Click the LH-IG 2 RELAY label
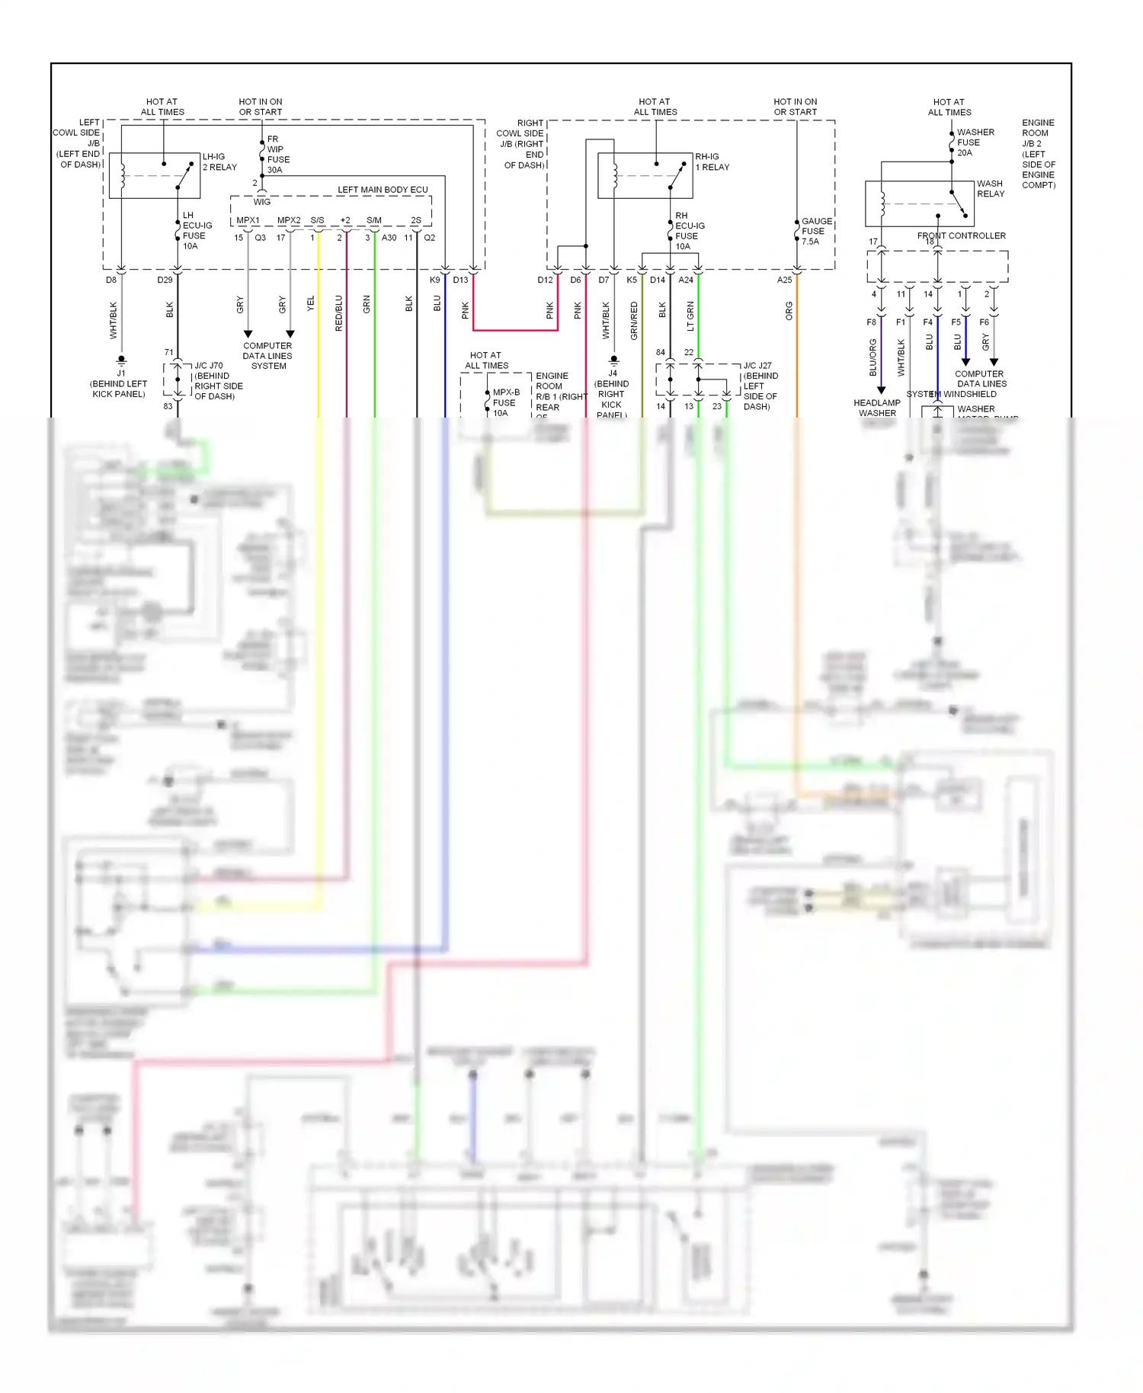point(219,162)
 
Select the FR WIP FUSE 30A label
point(278,155)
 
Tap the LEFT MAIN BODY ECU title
point(383,190)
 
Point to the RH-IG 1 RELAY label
point(712,162)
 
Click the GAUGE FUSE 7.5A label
point(816,231)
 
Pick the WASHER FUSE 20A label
point(975,143)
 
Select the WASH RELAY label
point(991,188)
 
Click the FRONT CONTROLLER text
point(961,235)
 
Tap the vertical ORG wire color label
point(789,311)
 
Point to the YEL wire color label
point(310,303)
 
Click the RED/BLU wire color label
point(338,313)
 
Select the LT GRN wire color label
point(690,316)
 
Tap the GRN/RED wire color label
point(634,320)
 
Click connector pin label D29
point(165,280)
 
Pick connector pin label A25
point(784,280)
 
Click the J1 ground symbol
point(121,360)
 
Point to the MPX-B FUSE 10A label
point(505,402)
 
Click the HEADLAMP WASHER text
point(877,408)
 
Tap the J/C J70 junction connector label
point(209,366)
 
